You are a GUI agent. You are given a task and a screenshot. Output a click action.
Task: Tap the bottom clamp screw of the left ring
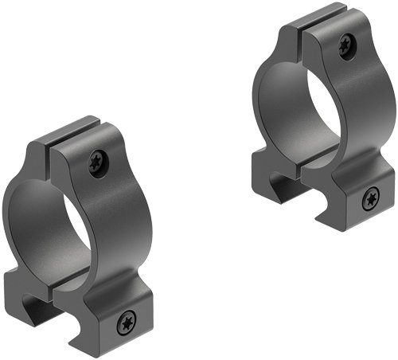127,323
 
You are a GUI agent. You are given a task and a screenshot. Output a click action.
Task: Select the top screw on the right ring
345,46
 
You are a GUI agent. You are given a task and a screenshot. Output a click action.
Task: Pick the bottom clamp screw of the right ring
369,200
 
